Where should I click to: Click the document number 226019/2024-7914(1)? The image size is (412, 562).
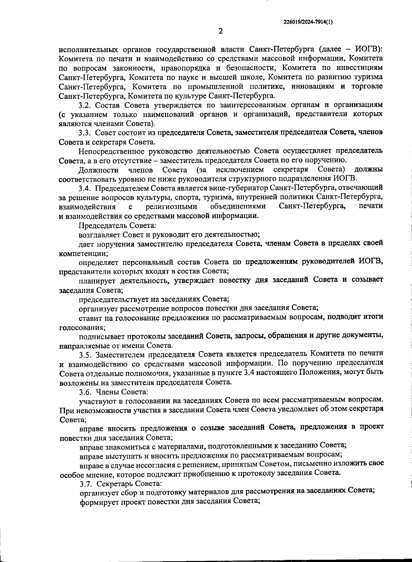[x=308, y=22]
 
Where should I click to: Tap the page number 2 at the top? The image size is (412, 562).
[x=221, y=31]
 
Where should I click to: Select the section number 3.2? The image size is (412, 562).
[x=84, y=104]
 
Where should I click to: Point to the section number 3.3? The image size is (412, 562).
[x=84, y=132]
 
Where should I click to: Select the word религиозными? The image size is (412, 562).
[x=171, y=207]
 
